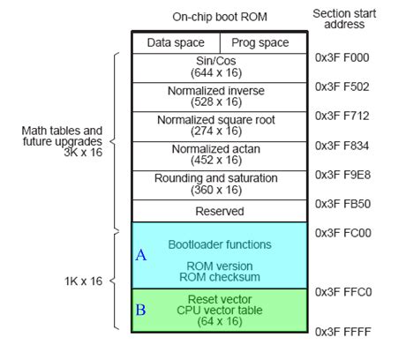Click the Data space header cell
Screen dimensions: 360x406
pyautogui.click(x=175, y=42)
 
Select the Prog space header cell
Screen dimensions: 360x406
pyautogui.click(x=259, y=42)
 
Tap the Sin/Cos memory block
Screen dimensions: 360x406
pyautogui.click(x=218, y=67)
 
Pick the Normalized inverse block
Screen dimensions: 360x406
pyautogui.click(x=218, y=96)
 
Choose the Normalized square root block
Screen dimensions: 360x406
pyautogui.click(x=218, y=125)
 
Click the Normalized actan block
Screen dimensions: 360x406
pyautogui.click(x=218, y=154)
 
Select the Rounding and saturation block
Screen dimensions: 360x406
pyautogui.click(x=218, y=184)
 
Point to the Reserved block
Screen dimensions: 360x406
pyautogui.click(x=218, y=211)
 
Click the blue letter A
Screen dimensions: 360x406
pyautogui.click(x=140, y=255)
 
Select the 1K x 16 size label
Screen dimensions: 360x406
pyautogui.click(x=83, y=281)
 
